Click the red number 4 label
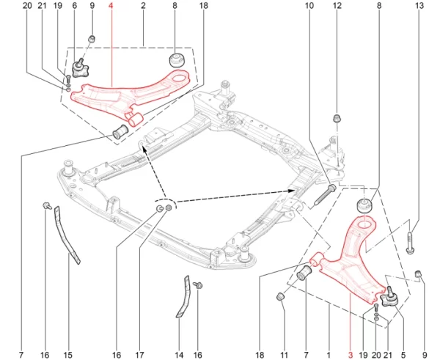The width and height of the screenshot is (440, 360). [x=111, y=5]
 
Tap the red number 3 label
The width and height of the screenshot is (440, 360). [x=351, y=355]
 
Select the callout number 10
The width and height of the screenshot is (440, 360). [x=309, y=5]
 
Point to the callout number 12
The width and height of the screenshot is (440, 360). [x=337, y=5]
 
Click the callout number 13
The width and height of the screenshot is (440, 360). [x=419, y=5]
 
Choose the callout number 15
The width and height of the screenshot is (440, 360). [x=68, y=355]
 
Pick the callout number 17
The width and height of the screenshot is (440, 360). [x=139, y=355]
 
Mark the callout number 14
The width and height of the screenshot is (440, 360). [x=179, y=355]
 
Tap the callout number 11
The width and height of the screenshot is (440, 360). [x=285, y=355]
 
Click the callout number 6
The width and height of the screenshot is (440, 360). [x=74, y=5]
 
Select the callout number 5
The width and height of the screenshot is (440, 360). [x=403, y=355]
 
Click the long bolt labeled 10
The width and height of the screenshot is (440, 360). [x=324, y=194]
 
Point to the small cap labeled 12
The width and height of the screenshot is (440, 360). [x=337, y=118]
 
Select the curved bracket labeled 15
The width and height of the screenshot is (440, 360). [x=66, y=235]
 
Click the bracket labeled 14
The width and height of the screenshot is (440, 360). [x=184, y=296]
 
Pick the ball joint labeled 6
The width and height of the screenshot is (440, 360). [x=80, y=68]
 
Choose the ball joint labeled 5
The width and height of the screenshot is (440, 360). [x=389, y=297]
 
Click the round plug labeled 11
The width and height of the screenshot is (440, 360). [x=280, y=296]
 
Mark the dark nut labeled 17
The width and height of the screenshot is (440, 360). [x=169, y=208]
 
